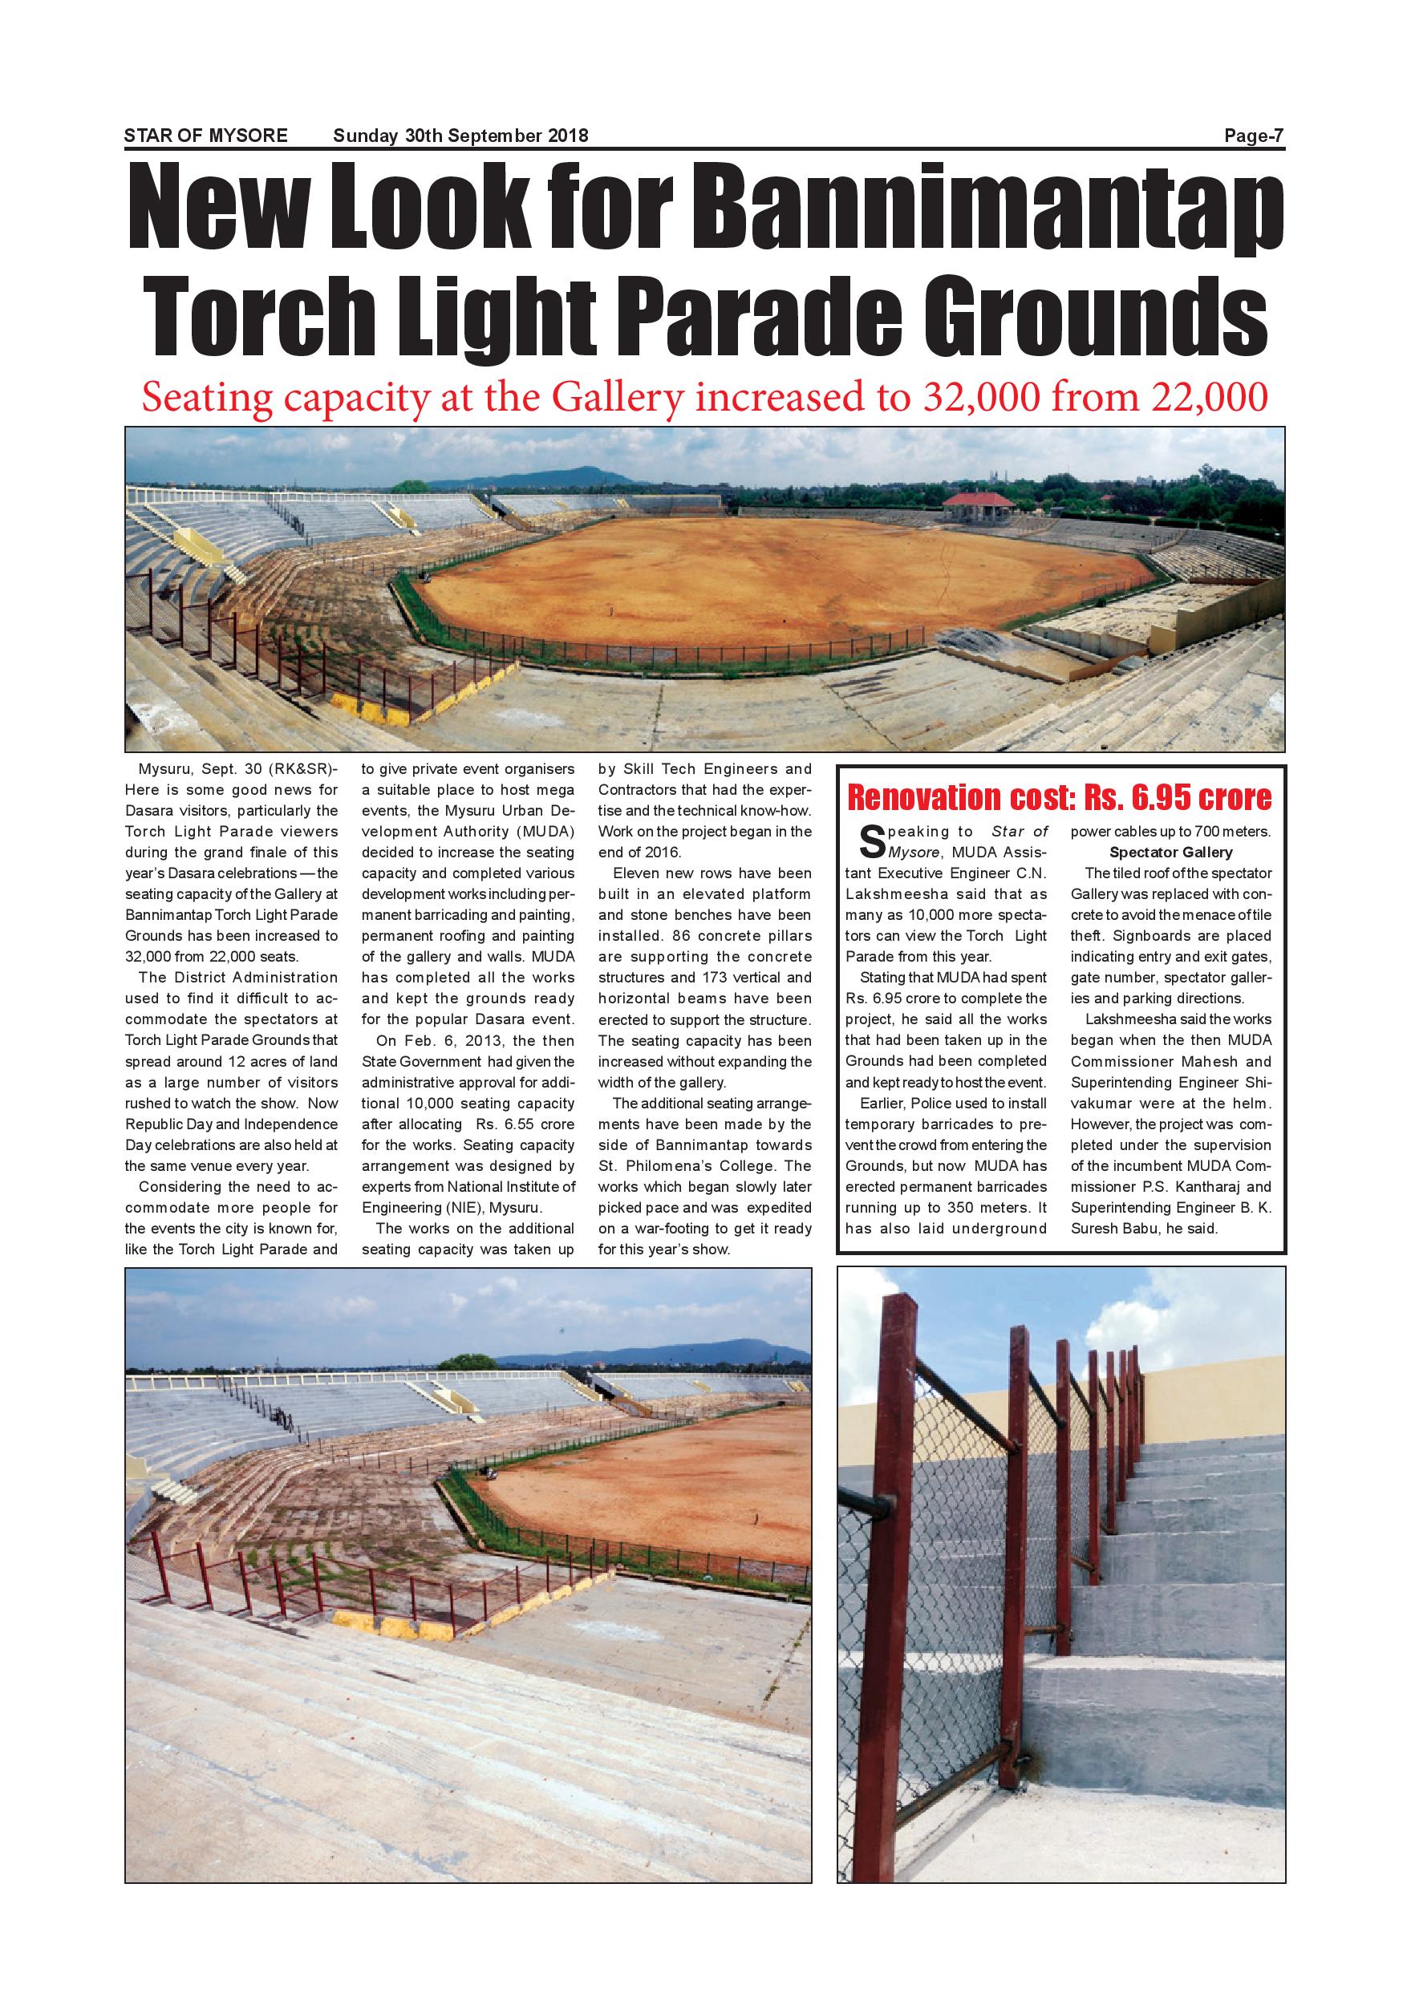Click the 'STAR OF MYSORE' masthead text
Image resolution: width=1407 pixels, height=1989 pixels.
point(205,136)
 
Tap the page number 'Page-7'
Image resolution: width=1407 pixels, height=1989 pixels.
point(1253,136)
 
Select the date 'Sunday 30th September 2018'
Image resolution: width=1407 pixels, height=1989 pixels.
point(460,136)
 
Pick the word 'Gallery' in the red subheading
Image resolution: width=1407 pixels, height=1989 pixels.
point(618,398)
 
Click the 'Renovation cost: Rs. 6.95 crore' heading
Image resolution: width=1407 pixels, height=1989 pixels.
point(1059,796)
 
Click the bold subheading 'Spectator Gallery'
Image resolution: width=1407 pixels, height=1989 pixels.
point(1170,853)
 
